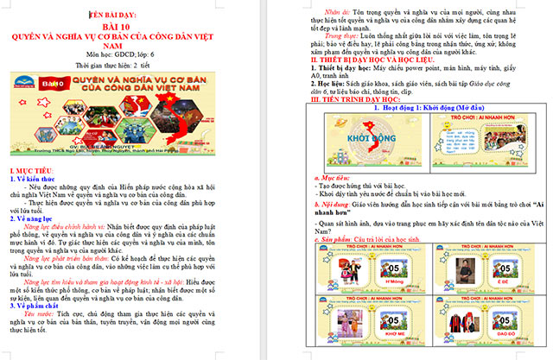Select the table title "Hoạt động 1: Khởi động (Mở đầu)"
pos(413,109)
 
